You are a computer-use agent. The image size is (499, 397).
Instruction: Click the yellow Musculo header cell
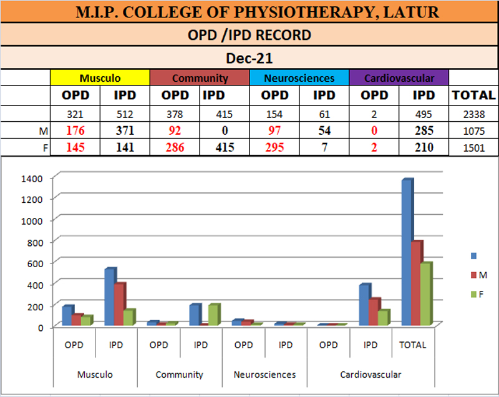pos(100,78)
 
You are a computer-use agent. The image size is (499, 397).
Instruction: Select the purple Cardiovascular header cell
pos(399,78)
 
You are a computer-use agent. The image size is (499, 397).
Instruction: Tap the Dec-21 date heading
pos(249,59)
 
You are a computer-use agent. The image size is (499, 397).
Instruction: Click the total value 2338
pos(474,114)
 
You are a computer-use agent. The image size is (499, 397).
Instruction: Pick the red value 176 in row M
pos(75,130)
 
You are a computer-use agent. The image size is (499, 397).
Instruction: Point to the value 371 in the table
pos(125,130)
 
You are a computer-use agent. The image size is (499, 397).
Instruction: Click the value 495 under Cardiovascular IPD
pos(424,114)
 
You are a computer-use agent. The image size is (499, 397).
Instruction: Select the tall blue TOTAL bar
pos(407,253)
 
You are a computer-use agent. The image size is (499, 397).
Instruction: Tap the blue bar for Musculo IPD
pos(110,298)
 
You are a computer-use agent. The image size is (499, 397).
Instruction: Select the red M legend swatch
pos(473,275)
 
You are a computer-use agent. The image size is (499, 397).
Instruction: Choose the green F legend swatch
pos(473,293)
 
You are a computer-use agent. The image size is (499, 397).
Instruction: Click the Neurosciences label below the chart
pos(264,375)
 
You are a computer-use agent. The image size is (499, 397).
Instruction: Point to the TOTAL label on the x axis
pos(413,345)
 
